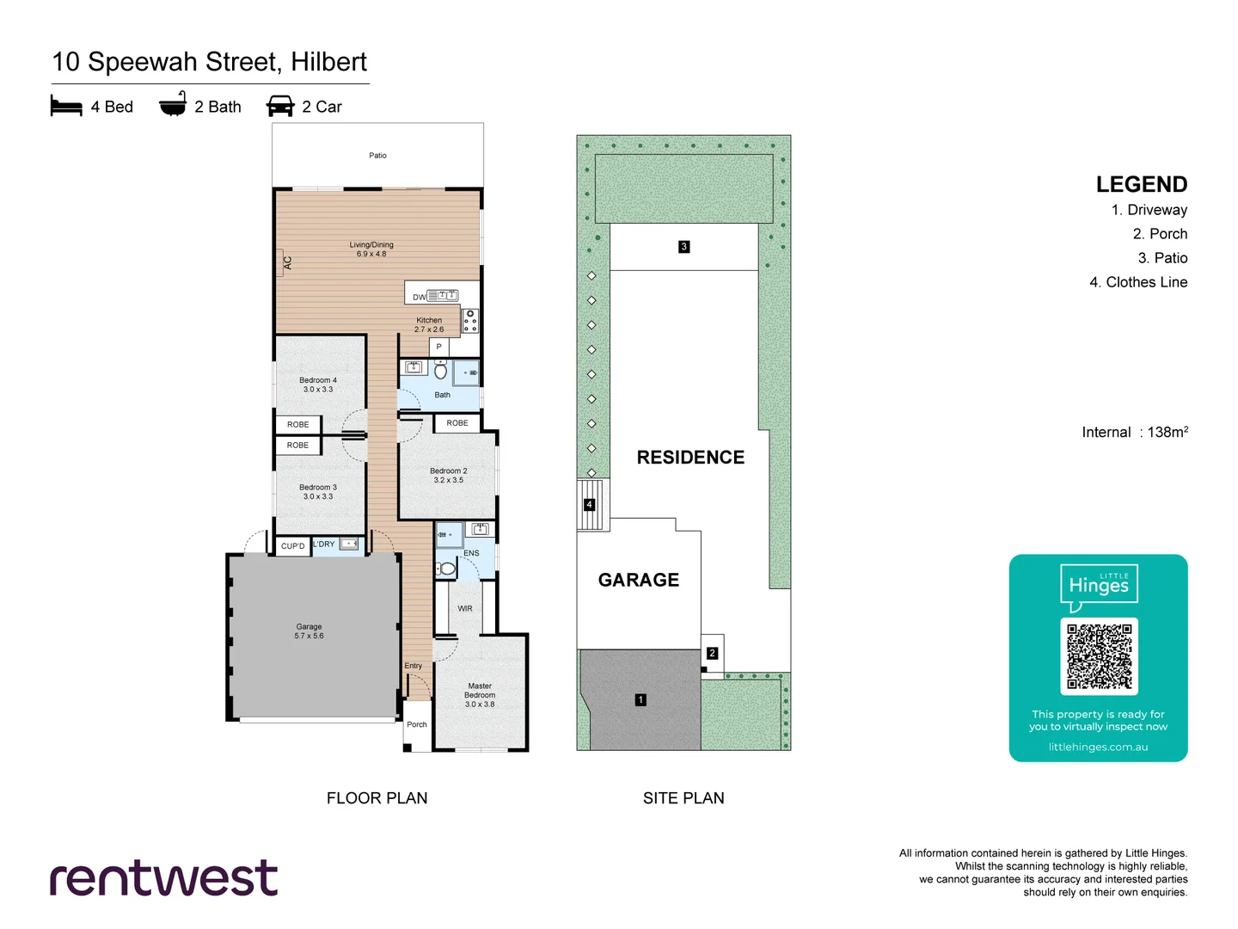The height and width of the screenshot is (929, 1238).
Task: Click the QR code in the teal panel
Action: pos(1099,656)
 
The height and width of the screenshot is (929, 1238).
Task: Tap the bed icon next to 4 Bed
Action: pos(66,106)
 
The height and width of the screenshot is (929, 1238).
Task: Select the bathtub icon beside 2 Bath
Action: pos(173,104)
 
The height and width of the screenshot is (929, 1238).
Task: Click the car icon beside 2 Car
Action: pos(280,106)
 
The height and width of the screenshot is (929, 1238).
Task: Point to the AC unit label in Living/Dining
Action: pos(287,263)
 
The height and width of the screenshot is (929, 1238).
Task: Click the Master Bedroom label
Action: pos(480,695)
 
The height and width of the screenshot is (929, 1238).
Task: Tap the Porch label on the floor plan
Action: pos(417,724)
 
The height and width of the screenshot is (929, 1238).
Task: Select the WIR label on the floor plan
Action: pos(465,608)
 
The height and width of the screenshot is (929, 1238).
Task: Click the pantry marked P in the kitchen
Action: pos(438,347)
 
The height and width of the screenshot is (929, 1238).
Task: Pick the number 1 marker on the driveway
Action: pos(640,699)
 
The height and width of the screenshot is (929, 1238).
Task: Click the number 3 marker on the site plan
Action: pos(684,247)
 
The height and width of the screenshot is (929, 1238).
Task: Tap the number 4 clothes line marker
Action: pos(590,505)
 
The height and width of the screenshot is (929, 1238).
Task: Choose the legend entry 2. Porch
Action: pos(1160,234)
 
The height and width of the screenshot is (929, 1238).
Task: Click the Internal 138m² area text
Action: pos(1135,432)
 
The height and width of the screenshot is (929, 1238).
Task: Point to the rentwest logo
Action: pos(163,878)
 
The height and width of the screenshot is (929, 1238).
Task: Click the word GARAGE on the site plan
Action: pos(639,580)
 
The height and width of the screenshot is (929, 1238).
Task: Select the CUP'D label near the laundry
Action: pos(293,546)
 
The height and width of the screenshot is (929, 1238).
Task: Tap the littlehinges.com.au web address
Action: pos(1098,747)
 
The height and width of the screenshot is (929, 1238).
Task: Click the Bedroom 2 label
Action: pos(448,476)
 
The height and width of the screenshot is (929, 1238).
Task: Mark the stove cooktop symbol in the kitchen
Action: pos(470,321)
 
